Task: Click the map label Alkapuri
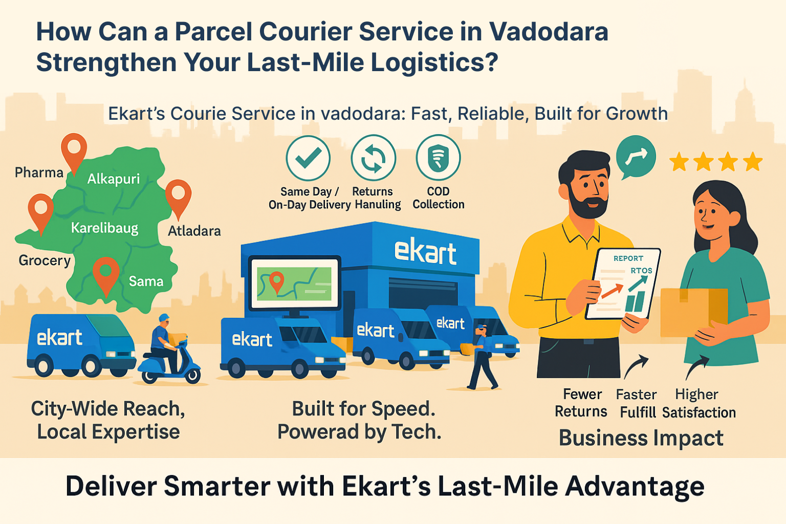(113, 179)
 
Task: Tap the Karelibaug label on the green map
(104, 228)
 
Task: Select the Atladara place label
(194, 231)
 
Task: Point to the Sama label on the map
(146, 281)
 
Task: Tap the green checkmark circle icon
(308, 158)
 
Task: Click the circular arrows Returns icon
(374, 158)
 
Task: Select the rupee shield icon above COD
(438, 158)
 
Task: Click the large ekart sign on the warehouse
(425, 251)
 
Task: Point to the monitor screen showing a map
(294, 283)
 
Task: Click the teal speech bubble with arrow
(636, 157)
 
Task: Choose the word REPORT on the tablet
(628, 258)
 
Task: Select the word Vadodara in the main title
(549, 32)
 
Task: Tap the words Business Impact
(641, 438)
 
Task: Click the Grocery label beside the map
(45, 260)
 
